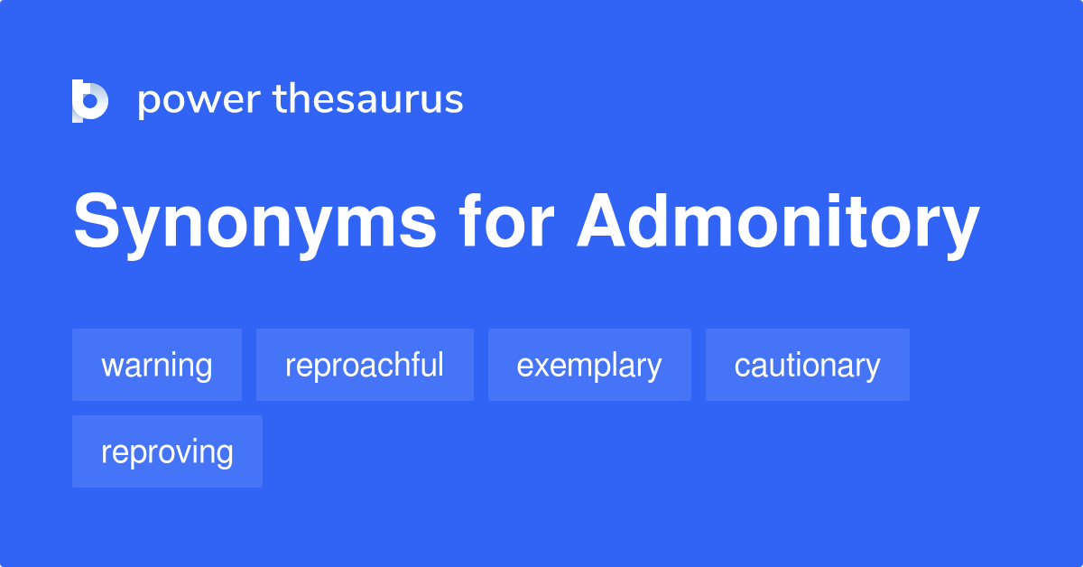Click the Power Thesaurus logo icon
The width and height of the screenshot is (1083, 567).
[x=90, y=100]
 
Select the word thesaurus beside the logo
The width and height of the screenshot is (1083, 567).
[x=368, y=99]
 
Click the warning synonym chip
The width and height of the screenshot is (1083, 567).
[x=157, y=365]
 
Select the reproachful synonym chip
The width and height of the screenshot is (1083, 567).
[x=365, y=365]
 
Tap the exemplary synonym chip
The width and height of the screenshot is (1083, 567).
[x=589, y=365]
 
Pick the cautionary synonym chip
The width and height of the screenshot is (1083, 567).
[x=807, y=365]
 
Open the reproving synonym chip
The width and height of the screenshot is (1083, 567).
[x=167, y=451]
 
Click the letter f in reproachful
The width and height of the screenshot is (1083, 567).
[x=412, y=364]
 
